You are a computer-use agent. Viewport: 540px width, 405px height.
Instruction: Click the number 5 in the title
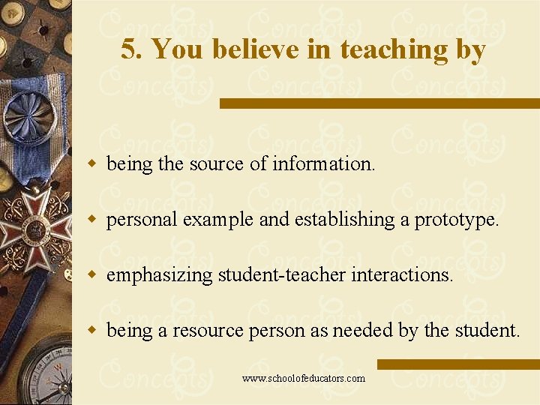pos(129,50)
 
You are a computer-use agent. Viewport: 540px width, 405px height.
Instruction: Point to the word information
pos(324,163)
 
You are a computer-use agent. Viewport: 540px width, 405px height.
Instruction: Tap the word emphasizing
pos(160,274)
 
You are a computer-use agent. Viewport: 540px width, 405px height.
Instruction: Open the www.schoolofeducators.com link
pos(304,378)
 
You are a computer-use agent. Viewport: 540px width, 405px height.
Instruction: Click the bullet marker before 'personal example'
pos(93,219)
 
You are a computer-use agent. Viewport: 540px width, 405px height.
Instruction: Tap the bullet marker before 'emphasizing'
pos(93,274)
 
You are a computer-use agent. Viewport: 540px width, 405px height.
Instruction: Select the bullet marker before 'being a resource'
pos(93,330)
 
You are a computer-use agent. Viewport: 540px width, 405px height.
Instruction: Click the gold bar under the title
pos(379,103)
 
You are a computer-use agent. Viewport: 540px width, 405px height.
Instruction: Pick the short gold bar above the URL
pos(457,364)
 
